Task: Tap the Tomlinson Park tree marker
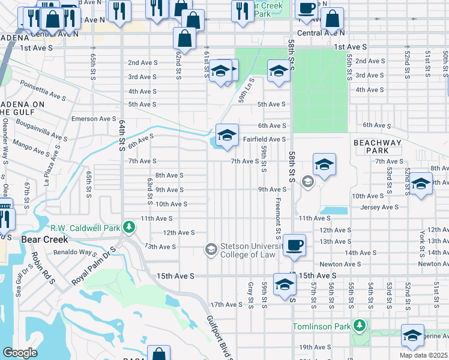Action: click(360, 326)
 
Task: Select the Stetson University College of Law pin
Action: click(211, 249)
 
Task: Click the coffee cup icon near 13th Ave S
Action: click(294, 245)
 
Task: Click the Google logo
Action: click(20, 353)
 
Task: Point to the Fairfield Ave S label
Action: click(264, 139)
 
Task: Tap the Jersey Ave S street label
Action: click(379, 207)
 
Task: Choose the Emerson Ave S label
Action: click(92, 119)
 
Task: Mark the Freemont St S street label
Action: click(278, 218)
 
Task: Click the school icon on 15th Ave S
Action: click(284, 284)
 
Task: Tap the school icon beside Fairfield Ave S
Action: click(228, 135)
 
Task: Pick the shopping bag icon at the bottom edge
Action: click(158, 354)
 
